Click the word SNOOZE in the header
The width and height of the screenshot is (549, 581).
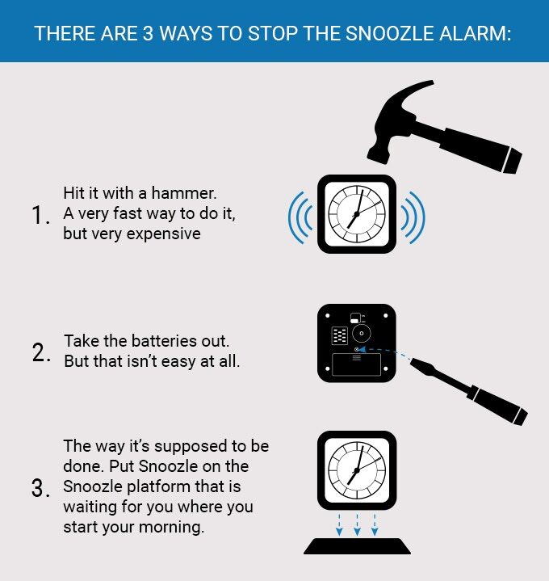coord(340,36)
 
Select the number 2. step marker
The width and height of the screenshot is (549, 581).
coord(41,353)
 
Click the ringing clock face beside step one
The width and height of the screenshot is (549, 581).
coord(356,214)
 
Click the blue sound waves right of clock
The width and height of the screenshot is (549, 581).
coord(413,217)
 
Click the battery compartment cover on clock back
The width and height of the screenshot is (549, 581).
coord(356,364)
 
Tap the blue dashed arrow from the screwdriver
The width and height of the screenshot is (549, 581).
coord(388,354)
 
